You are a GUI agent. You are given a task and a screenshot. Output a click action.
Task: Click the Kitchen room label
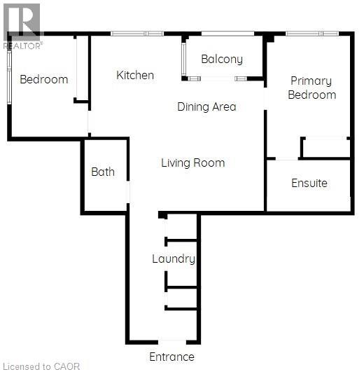pyautogui.click(x=135, y=75)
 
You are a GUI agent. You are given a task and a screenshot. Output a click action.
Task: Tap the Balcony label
pyautogui.click(x=222, y=60)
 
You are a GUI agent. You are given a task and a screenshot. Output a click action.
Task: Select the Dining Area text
pyautogui.click(x=206, y=106)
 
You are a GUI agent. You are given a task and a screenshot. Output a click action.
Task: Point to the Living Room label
pyautogui.click(x=193, y=163)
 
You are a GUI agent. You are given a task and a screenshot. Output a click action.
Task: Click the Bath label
pyautogui.click(x=103, y=172)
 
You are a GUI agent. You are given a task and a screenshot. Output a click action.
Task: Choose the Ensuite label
pyautogui.click(x=309, y=183)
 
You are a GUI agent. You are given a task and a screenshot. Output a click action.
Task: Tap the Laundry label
pyautogui.click(x=174, y=259)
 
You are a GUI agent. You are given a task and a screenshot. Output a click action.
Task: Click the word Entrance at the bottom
pyautogui.click(x=171, y=357)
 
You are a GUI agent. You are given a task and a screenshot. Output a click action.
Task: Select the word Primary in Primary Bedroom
pyautogui.click(x=311, y=81)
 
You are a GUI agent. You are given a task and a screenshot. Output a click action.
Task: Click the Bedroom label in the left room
pyautogui.click(x=44, y=79)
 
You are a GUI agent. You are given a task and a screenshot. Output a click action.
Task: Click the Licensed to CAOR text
pyautogui.click(x=42, y=366)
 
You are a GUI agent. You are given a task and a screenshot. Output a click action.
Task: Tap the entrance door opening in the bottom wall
pyautogui.click(x=172, y=342)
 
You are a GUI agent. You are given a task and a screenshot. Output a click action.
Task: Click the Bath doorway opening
pyautogui.click(x=128, y=192)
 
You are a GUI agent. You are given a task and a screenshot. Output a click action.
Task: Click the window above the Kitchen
pyautogui.click(x=137, y=34)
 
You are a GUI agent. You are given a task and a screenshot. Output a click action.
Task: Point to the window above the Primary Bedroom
pyautogui.click(x=312, y=34)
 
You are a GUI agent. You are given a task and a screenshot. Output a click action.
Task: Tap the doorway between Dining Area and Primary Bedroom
pyautogui.click(x=265, y=99)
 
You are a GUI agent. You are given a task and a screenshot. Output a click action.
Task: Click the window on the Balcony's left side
pyautogui.click(x=184, y=59)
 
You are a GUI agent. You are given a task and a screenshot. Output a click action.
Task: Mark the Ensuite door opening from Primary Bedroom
pyautogui.click(x=287, y=158)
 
